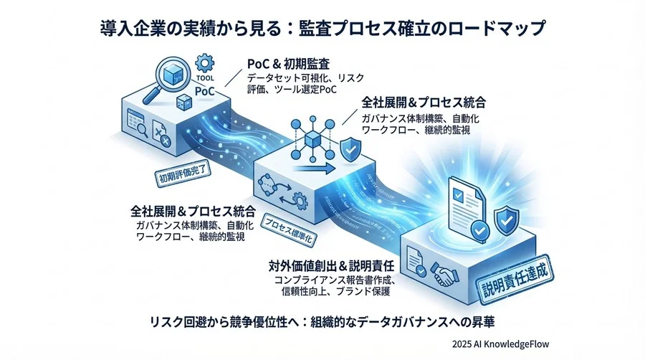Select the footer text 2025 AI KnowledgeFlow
[x=501, y=344]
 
